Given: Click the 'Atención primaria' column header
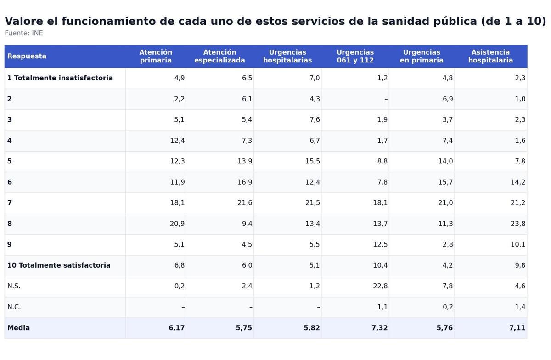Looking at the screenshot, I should tap(156, 56).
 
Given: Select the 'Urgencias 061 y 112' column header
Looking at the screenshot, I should tap(355, 56).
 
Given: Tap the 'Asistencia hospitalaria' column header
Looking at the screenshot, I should tap(490, 56).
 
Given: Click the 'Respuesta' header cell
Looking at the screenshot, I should tap(27, 56).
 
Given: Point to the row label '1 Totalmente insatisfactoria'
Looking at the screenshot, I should tap(60, 78).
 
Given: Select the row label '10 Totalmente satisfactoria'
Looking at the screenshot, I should tap(59, 265).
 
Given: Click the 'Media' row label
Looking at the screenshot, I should tap(18, 328).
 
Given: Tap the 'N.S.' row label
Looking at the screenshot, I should tap(14, 286).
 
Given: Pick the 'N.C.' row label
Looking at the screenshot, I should tap(14, 307).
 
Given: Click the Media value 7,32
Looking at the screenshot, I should tap(379, 328).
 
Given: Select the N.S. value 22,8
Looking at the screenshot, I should tap(380, 286).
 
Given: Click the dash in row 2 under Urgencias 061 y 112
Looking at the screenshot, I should tap(386, 99).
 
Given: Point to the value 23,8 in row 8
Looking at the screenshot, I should tap(517, 224).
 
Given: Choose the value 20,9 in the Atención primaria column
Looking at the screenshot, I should tap(177, 224).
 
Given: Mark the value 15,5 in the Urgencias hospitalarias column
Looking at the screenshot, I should tap(312, 161).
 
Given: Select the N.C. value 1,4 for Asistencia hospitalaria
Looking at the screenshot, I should tap(520, 307).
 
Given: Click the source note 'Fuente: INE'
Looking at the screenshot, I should tap(24, 34).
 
